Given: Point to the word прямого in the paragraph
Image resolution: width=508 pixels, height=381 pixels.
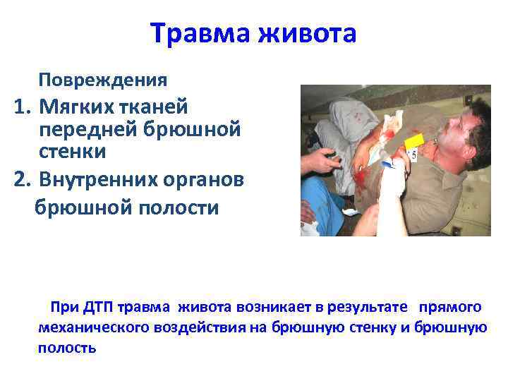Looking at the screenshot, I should point(450,307).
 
